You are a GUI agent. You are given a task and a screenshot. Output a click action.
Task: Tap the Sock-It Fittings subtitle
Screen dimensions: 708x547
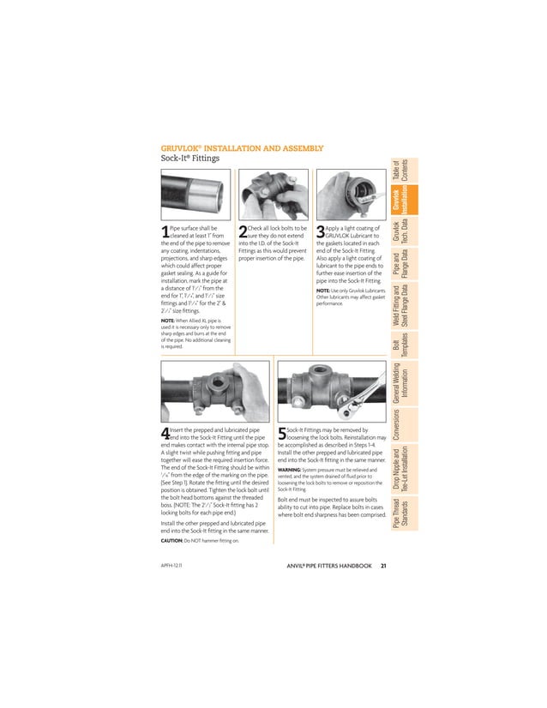coord(191,159)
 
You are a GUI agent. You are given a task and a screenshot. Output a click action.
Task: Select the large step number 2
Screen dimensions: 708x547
coord(242,231)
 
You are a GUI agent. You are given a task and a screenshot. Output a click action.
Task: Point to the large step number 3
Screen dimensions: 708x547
coord(321,231)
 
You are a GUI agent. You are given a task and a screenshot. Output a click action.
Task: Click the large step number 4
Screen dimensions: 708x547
coord(165,434)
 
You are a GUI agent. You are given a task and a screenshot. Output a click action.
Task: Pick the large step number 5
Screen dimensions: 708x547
coord(281,434)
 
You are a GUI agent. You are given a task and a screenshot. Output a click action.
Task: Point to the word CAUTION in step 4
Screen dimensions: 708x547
coord(176,542)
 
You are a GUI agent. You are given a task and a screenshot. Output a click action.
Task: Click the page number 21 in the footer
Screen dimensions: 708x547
coord(384,565)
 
